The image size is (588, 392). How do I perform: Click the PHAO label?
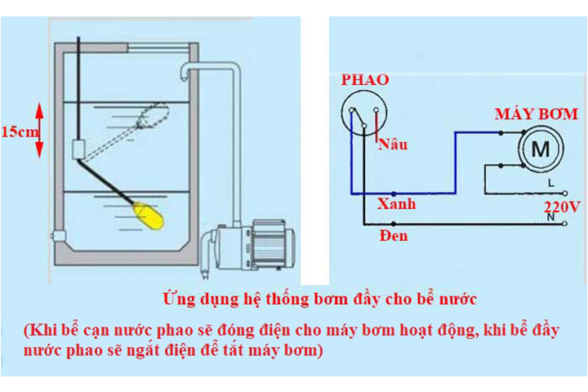tap(364, 80)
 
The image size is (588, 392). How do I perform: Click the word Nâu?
tap(393, 145)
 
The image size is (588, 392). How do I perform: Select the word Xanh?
tap(396, 203)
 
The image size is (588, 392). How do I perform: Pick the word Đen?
tap(393, 236)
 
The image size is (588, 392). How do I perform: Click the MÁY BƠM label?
tap(537, 114)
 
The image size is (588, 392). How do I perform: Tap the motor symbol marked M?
tap(541, 149)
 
